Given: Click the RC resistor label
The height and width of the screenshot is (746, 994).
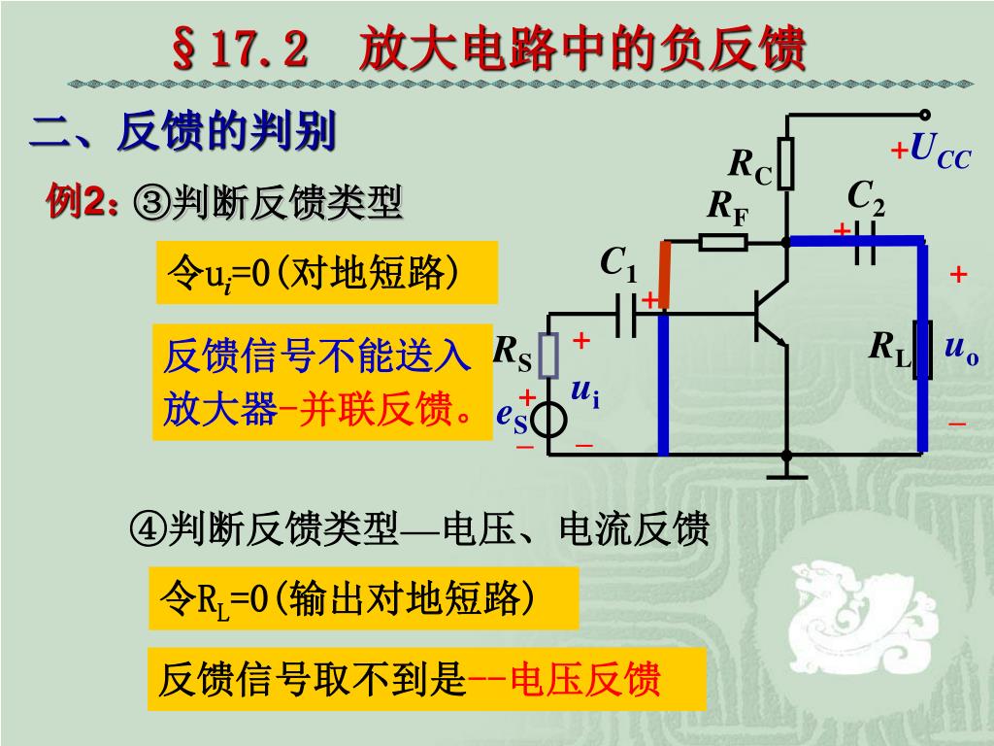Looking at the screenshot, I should tap(750, 167).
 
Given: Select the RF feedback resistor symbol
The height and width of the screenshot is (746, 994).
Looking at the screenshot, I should tap(723, 241).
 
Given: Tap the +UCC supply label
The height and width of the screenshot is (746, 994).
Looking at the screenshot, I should tap(931, 151).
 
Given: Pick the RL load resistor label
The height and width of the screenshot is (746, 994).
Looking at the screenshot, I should tap(891, 348).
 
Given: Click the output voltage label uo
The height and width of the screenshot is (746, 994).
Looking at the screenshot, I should tap(961, 348).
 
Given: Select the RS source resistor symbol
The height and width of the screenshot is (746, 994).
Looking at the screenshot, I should tap(549, 356).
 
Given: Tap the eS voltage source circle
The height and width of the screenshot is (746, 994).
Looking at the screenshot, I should tap(550, 420).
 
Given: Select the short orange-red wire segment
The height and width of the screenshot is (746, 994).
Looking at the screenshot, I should tap(665, 276).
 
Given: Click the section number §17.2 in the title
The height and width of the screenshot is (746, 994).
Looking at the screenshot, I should tap(240, 50).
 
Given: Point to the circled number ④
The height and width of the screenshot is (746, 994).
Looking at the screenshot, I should tap(149, 530).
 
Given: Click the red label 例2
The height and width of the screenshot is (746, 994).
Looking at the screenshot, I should tap(83, 203).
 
